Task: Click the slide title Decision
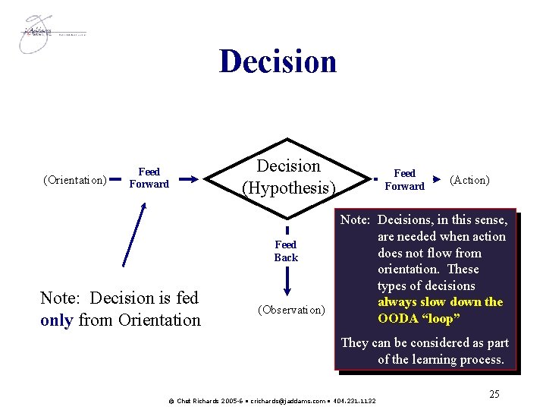[278, 61]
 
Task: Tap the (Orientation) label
[75, 181]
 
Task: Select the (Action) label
[469, 180]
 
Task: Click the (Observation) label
[291, 310]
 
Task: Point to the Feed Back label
[286, 251]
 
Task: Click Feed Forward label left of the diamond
[149, 178]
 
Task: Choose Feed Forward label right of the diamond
[404, 180]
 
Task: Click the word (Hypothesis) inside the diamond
[288, 186]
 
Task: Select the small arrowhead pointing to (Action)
[437, 180]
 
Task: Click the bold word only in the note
[56, 320]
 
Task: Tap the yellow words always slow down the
[440, 301]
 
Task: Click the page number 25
[494, 394]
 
